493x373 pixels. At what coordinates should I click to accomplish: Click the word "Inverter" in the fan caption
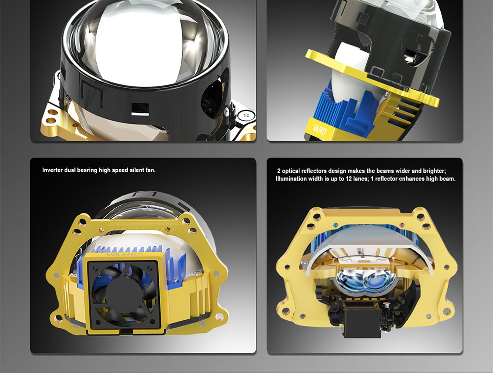tap(53, 170)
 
